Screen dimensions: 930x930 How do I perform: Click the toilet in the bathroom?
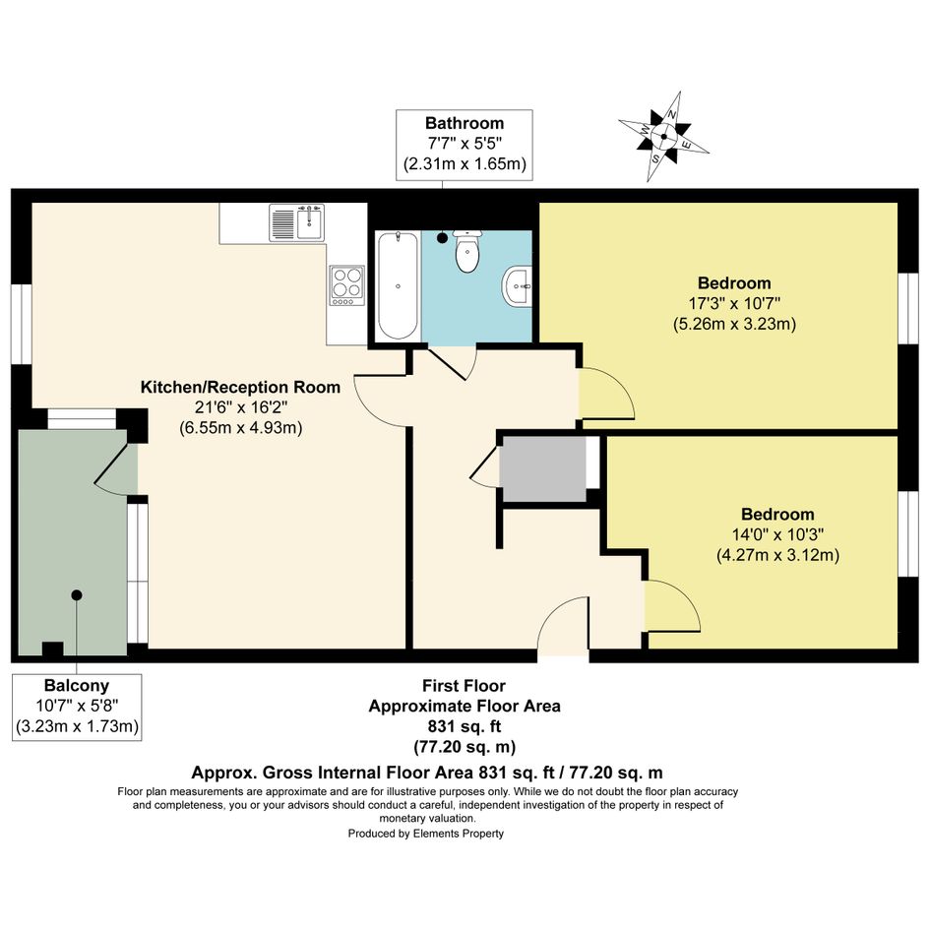click(x=468, y=251)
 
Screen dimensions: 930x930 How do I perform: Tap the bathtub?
click(x=398, y=285)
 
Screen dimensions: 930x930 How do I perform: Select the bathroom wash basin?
click(x=518, y=286)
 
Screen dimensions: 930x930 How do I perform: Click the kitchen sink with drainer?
click(x=296, y=222)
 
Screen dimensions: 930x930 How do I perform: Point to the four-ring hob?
click(x=347, y=285)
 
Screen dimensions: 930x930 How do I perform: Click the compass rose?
click(x=663, y=137)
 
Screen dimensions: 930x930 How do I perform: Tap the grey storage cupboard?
click(x=542, y=468)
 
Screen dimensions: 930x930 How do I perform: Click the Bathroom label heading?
click(x=465, y=123)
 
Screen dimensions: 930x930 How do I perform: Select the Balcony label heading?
click(x=77, y=686)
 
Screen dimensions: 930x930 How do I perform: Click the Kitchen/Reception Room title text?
click(x=240, y=388)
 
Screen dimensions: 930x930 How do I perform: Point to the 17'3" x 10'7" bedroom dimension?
click(x=734, y=304)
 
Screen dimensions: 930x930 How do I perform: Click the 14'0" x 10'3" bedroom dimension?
click(x=777, y=535)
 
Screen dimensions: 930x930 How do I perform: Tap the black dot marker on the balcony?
click(x=77, y=594)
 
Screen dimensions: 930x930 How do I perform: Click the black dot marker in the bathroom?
click(x=442, y=238)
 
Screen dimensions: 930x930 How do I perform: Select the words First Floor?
click(x=464, y=686)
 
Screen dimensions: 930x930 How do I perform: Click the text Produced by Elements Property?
click(x=426, y=834)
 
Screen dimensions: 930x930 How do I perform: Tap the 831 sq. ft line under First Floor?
click(x=465, y=726)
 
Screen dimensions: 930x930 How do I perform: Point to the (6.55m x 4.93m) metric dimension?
click(x=241, y=428)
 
